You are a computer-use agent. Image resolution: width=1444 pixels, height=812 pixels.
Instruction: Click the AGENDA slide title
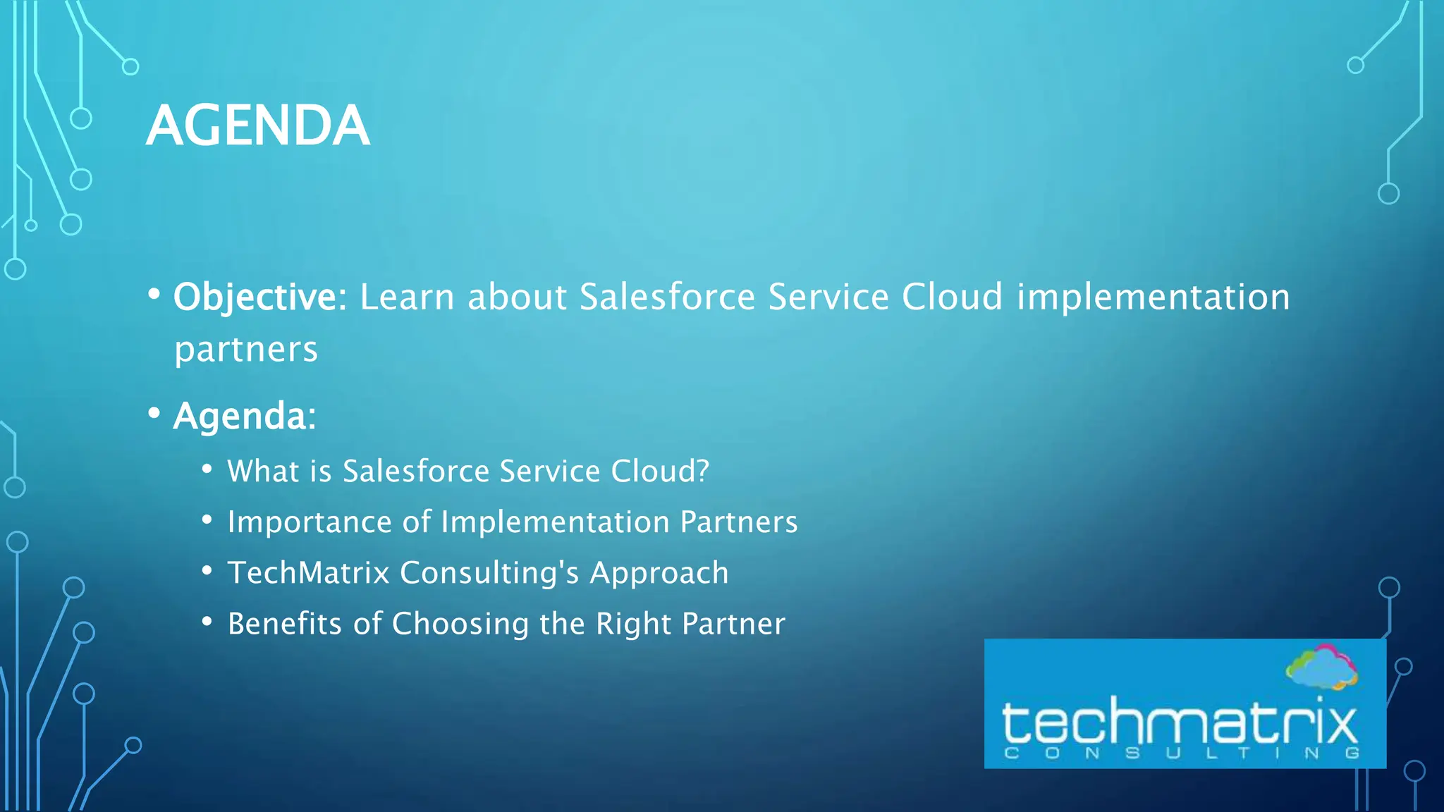(x=257, y=125)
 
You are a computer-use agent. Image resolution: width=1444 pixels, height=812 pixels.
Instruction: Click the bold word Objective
(x=255, y=297)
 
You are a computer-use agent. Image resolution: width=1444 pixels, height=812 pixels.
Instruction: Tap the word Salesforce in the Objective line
(x=667, y=297)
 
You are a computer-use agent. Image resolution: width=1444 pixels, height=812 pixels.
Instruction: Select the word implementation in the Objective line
(x=1153, y=297)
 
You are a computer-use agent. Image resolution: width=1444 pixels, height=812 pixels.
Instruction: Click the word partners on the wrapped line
(x=246, y=350)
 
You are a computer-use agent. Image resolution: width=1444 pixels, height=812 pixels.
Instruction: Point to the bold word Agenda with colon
(x=244, y=416)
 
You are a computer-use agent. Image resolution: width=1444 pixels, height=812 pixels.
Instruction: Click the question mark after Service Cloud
(x=702, y=471)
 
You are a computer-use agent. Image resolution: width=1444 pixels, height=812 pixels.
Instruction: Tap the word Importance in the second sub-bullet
(x=309, y=522)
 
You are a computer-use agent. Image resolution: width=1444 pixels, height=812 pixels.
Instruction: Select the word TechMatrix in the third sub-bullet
(x=308, y=573)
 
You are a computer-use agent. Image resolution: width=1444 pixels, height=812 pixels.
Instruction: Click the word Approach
(x=659, y=573)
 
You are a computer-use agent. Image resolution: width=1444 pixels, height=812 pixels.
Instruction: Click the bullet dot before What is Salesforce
(x=207, y=469)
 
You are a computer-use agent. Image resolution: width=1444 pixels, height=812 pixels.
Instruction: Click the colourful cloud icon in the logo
(x=1321, y=667)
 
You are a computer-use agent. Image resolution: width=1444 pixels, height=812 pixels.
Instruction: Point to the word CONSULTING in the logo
(x=1182, y=753)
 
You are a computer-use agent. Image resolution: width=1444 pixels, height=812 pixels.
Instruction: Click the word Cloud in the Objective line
(x=952, y=297)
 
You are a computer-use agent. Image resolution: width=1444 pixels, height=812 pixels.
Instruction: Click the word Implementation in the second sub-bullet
(x=555, y=522)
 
